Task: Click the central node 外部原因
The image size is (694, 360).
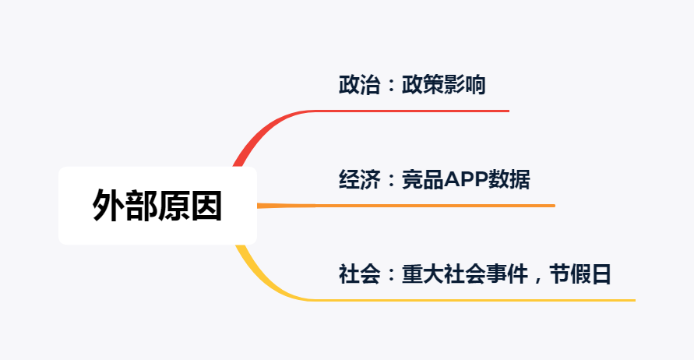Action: coord(157,206)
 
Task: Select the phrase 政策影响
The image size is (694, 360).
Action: coord(443,85)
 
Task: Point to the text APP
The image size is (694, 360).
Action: coord(466,180)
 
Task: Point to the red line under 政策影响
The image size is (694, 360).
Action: coord(436,111)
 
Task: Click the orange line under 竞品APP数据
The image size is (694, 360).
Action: coord(467,206)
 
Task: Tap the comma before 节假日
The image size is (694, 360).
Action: coord(537,279)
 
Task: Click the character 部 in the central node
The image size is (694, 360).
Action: coord(141,206)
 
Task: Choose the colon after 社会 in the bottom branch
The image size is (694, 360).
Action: coord(391,276)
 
